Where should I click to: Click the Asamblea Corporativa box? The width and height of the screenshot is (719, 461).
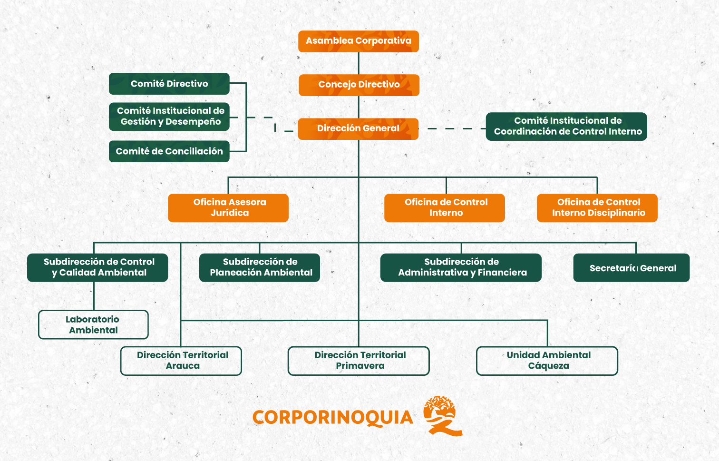(x=359, y=41)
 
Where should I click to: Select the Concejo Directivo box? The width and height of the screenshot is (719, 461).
(x=359, y=85)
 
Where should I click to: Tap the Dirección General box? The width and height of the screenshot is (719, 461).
(x=358, y=129)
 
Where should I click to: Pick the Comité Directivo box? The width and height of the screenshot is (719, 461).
(x=169, y=84)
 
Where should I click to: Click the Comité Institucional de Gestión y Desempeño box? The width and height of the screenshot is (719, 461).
(x=169, y=117)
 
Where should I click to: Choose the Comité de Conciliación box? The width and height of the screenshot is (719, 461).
(x=169, y=151)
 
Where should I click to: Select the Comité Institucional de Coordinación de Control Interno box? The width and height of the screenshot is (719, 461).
(x=566, y=127)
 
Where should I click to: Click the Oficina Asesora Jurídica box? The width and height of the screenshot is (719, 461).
(x=228, y=208)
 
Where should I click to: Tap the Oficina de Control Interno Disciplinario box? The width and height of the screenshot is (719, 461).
(x=597, y=208)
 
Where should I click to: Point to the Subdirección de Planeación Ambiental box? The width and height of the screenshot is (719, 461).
(x=260, y=267)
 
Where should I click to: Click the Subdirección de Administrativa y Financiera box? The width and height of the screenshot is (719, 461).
(x=461, y=267)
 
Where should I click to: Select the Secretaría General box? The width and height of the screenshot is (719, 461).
(x=632, y=268)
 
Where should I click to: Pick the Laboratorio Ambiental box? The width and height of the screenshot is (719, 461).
(x=93, y=324)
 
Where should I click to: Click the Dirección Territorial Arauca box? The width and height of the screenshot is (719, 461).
(x=181, y=361)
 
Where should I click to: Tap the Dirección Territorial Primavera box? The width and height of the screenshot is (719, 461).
(x=359, y=361)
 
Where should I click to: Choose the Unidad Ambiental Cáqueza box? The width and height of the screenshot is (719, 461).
(x=547, y=361)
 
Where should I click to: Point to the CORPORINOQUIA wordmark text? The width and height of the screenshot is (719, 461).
(x=332, y=418)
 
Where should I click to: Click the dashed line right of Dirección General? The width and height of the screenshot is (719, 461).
(x=452, y=128)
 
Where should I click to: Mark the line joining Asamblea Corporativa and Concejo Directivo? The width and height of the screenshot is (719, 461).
(x=359, y=63)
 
